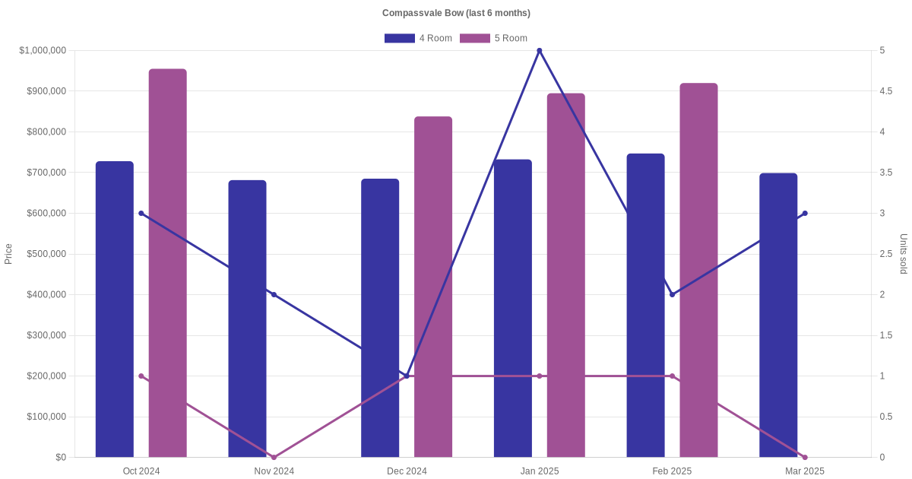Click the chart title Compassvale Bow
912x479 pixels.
click(456, 13)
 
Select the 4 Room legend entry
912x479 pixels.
click(418, 38)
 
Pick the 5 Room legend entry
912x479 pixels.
click(493, 38)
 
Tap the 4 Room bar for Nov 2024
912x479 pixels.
click(247, 319)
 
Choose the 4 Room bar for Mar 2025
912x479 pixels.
click(778, 315)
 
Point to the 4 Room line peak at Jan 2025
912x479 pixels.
click(540, 51)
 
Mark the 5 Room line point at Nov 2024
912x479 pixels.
click(274, 457)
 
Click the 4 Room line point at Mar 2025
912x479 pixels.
click(805, 214)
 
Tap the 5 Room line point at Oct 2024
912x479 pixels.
click(141, 376)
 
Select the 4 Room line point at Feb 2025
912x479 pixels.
click(672, 294)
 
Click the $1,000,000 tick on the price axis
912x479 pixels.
click(43, 51)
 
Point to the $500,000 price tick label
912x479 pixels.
click(46, 254)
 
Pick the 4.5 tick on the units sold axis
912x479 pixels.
click(885, 91)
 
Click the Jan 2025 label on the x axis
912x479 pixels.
click(540, 471)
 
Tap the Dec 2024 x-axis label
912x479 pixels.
click(407, 471)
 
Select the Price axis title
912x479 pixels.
click(8, 254)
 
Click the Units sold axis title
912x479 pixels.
click(904, 254)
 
